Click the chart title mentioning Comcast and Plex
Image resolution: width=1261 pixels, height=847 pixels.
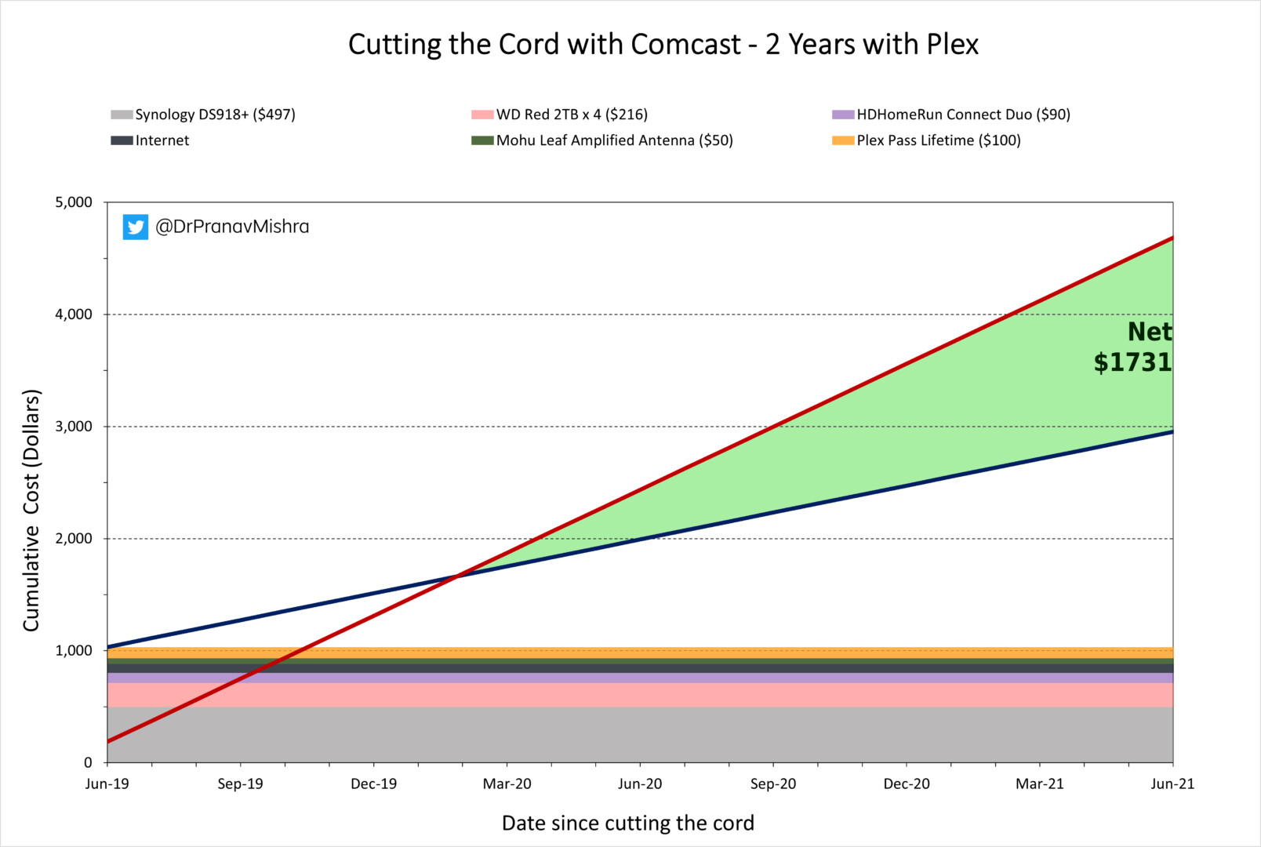(663, 45)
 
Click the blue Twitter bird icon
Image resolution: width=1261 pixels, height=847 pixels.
(136, 227)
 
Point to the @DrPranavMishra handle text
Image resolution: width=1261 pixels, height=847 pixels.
(232, 227)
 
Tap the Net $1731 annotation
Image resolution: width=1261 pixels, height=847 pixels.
(1134, 347)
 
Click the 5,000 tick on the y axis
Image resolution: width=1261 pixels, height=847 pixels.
(74, 202)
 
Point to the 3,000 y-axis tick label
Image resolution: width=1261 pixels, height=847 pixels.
(74, 427)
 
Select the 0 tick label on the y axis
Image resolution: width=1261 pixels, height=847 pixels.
(88, 762)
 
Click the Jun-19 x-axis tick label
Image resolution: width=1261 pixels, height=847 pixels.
(107, 783)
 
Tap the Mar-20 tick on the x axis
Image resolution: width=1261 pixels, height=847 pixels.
(507, 783)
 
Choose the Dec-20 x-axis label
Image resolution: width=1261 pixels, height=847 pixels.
(907, 783)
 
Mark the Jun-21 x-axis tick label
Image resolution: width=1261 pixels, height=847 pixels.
(1172, 783)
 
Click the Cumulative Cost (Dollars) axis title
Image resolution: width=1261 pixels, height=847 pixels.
(31, 510)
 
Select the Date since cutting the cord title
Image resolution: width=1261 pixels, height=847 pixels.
(627, 823)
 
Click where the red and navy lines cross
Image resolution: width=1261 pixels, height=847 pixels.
(458, 576)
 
